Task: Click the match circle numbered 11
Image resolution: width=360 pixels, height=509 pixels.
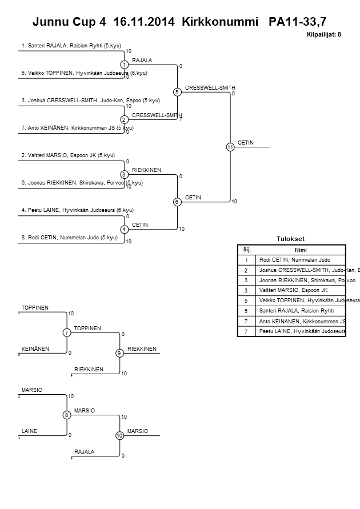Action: pos(230,147)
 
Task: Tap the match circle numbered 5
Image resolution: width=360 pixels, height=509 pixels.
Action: pos(177,92)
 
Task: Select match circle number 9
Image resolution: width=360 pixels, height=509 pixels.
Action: pos(119,353)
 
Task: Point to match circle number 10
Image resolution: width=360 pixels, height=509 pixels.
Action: pos(119,435)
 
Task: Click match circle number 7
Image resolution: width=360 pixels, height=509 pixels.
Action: pos(67,332)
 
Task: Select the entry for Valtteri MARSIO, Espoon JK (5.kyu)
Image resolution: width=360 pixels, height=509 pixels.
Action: pos(68,155)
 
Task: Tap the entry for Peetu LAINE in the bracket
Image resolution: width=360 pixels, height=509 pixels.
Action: pos(77,210)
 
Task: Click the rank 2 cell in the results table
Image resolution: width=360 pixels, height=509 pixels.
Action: pos(247,270)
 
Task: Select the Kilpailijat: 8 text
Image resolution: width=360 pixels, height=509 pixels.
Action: pos(324,35)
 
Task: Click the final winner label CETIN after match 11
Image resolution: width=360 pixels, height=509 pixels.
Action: pos(245,142)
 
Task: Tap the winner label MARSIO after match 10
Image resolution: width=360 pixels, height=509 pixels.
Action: pos(138,430)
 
